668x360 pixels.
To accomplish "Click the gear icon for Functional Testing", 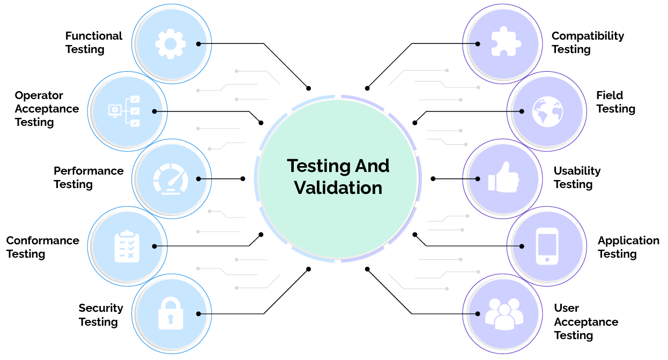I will pyautogui.click(x=170, y=43).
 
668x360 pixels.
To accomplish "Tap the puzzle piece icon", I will pyautogui.click(x=503, y=43).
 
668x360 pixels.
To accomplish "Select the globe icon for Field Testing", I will pyautogui.click(x=547, y=111).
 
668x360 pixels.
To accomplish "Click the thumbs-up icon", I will pyautogui.click(x=503, y=178).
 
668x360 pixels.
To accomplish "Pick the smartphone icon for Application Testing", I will pyautogui.click(x=547, y=246).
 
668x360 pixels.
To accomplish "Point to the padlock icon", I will pyautogui.click(x=170, y=313).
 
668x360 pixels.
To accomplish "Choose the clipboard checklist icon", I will pyautogui.click(x=127, y=246).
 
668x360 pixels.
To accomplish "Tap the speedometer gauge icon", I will pyautogui.click(x=170, y=178).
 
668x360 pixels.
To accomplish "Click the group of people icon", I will pyautogui.click(x=503, y=313).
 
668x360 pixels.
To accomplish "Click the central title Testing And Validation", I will pyautogui.click(x=338, y=176).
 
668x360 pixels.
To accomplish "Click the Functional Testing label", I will pyautogui.click(x=94, y=43).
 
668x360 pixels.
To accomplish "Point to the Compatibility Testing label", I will pyautogui.click(x=588, y=43).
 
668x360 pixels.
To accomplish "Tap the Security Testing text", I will pyautogui.click(x=101, y=315).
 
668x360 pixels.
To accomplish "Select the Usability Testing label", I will pyautogui.click(x=577, y=177).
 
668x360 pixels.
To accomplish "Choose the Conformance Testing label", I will pyautogui.click(x=42, y=247).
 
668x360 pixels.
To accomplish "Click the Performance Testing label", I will pyautogui.click(x=88, y=177).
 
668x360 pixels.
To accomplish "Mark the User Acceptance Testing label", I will pyautogui.click(x=585, y=321).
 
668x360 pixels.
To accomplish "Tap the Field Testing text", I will pyautogui.click(x=615, y=102).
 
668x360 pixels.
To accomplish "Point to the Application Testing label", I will pyautogui.click(x=628, y=247).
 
